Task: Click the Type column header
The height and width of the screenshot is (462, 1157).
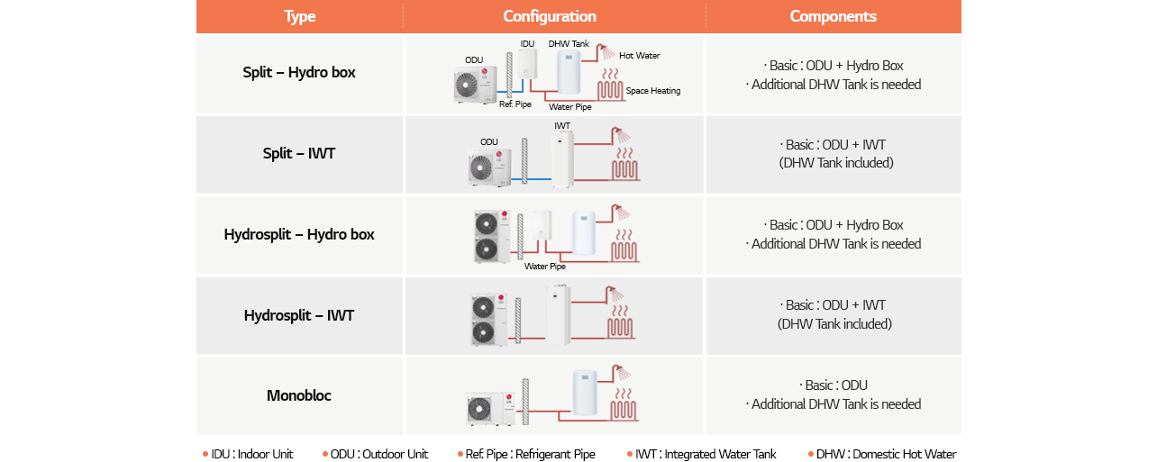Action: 299,16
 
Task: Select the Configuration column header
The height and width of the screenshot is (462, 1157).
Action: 550,16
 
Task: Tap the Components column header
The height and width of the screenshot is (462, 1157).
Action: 833,16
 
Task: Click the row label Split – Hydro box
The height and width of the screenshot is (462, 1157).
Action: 299,73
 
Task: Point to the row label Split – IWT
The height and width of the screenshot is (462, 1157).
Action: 299,153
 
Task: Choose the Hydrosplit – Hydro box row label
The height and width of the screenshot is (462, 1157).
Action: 299,234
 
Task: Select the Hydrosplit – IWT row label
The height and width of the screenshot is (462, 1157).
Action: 299,315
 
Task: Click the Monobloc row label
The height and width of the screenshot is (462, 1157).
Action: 299,395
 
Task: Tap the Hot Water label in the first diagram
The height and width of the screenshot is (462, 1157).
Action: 639,56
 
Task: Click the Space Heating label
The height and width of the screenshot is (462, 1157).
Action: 652,91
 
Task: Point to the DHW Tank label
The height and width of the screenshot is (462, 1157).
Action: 569,43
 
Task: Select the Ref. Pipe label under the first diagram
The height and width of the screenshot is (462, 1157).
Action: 515,104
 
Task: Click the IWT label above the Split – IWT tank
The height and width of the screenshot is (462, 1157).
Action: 562,126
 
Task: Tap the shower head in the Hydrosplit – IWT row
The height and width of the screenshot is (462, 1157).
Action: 617,294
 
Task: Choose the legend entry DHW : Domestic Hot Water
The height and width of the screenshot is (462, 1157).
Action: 882,454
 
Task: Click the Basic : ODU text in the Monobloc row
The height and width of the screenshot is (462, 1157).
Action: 833,385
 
